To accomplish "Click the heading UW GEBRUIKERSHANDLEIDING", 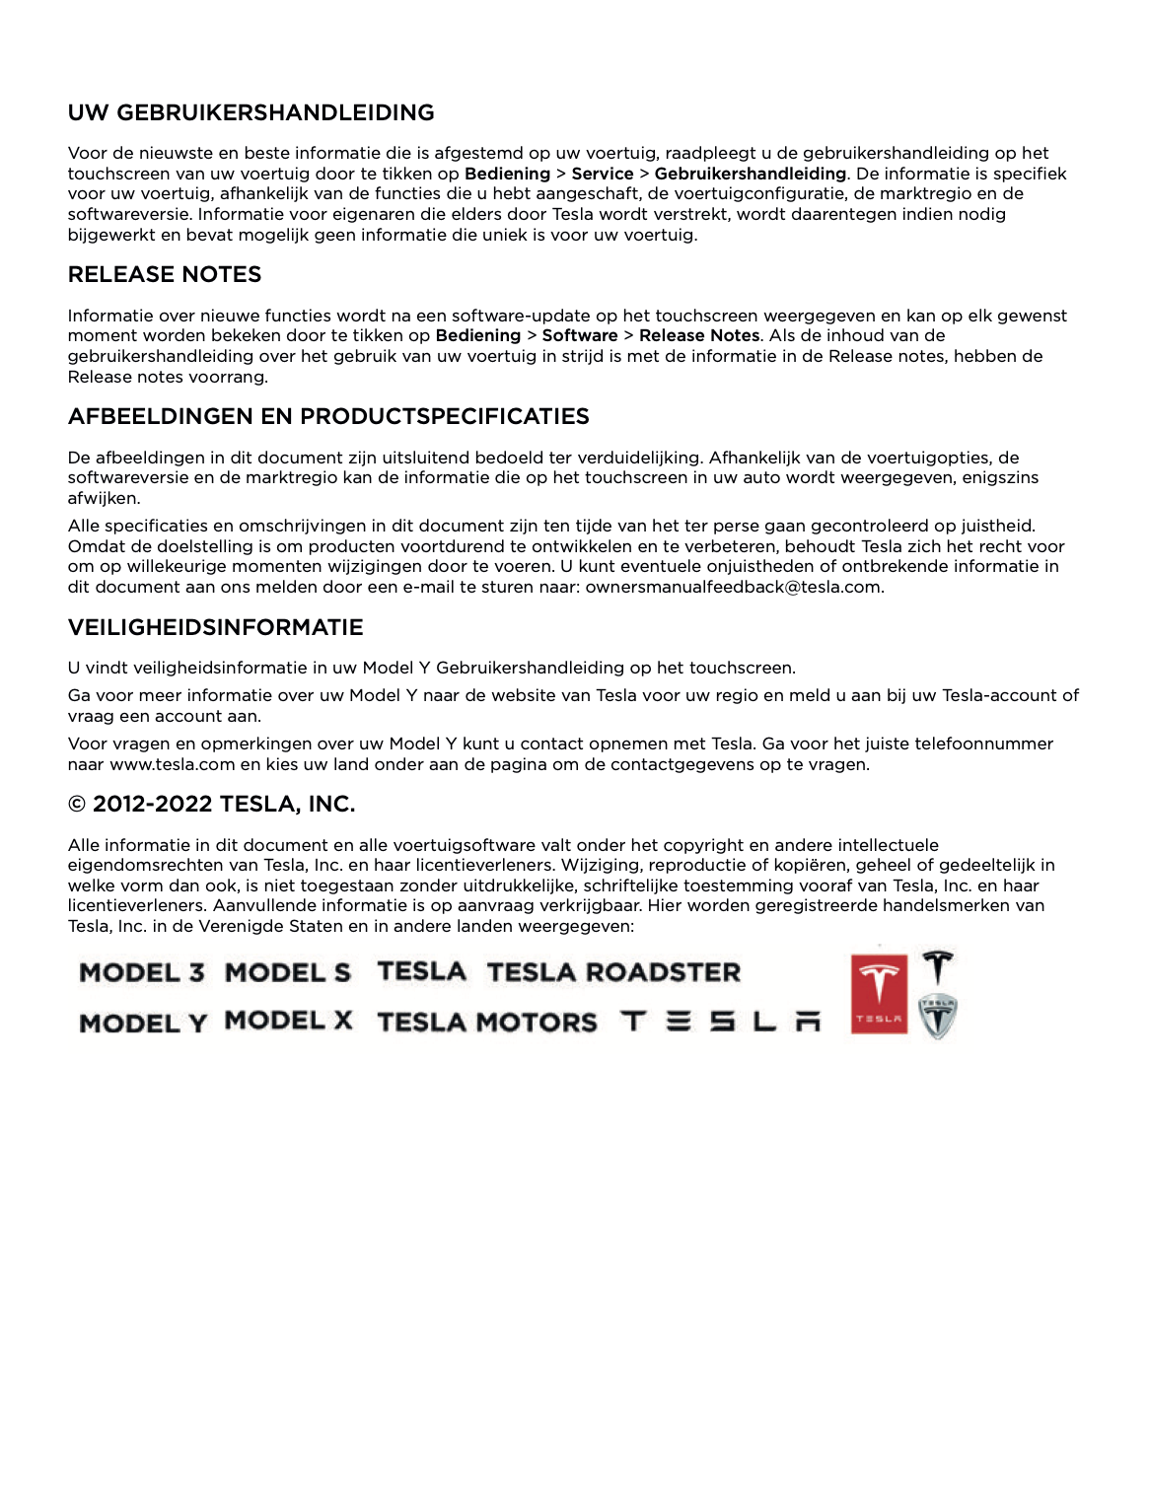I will tap(251, 112).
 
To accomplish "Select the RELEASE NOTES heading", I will tap(165, 274).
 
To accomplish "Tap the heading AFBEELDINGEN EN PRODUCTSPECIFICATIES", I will tap(328, 416).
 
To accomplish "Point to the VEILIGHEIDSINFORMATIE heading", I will tap(215, 627).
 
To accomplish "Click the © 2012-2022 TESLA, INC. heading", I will tap(211, 804).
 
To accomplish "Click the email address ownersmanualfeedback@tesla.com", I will tap(734, 587).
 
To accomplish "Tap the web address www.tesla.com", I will tap(173, 764).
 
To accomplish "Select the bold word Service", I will tap(603, 174).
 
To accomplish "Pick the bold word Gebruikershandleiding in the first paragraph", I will tap(750, 174).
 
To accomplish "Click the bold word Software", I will tap(580, 335).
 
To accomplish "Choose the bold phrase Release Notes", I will tap(699, 335).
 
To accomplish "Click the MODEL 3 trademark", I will tap(142, 973).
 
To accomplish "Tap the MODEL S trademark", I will tap(288, 973).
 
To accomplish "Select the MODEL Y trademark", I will tap(143, 1024).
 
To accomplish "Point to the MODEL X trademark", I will tap(288, 1021).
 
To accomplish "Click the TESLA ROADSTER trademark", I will tap(613, 972).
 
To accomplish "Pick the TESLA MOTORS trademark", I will tap(487, 1023).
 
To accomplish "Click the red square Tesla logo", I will tap(878, 992).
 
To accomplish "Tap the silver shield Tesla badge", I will tap(938, 1017).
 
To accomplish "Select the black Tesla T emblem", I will tap(938, 966).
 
